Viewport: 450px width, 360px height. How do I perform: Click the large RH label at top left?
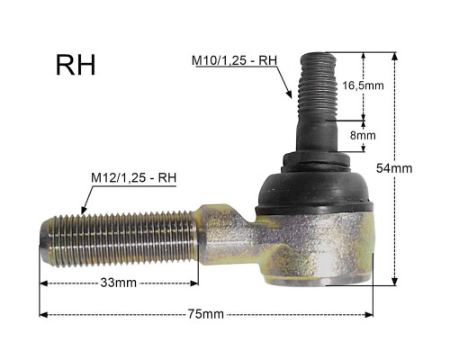pyautogui.click(x=76, y=65)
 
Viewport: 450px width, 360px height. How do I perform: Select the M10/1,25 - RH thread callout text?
pyautogui.click(x=234, y=60)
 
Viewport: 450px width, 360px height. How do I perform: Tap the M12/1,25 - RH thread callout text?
pyautogui.click(x=133, y=177)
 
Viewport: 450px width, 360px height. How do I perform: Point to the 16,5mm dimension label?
pyautogui.click(x=363, y=85)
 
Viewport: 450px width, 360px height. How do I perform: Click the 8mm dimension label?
pyautogui.click(x=363, y=136)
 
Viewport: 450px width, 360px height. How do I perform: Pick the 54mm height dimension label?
pyautogui.click(x=394, y=168)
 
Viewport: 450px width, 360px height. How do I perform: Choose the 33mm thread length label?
pyautogui.click(x=119, y=283)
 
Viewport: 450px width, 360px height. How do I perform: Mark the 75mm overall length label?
pyautogui.click(x=206, y=314)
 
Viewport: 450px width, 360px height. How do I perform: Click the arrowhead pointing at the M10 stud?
pyautogui.click(x=289, y=94)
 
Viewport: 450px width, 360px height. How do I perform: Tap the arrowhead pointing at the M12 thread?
pyautogui.click(x=84, y=210)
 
